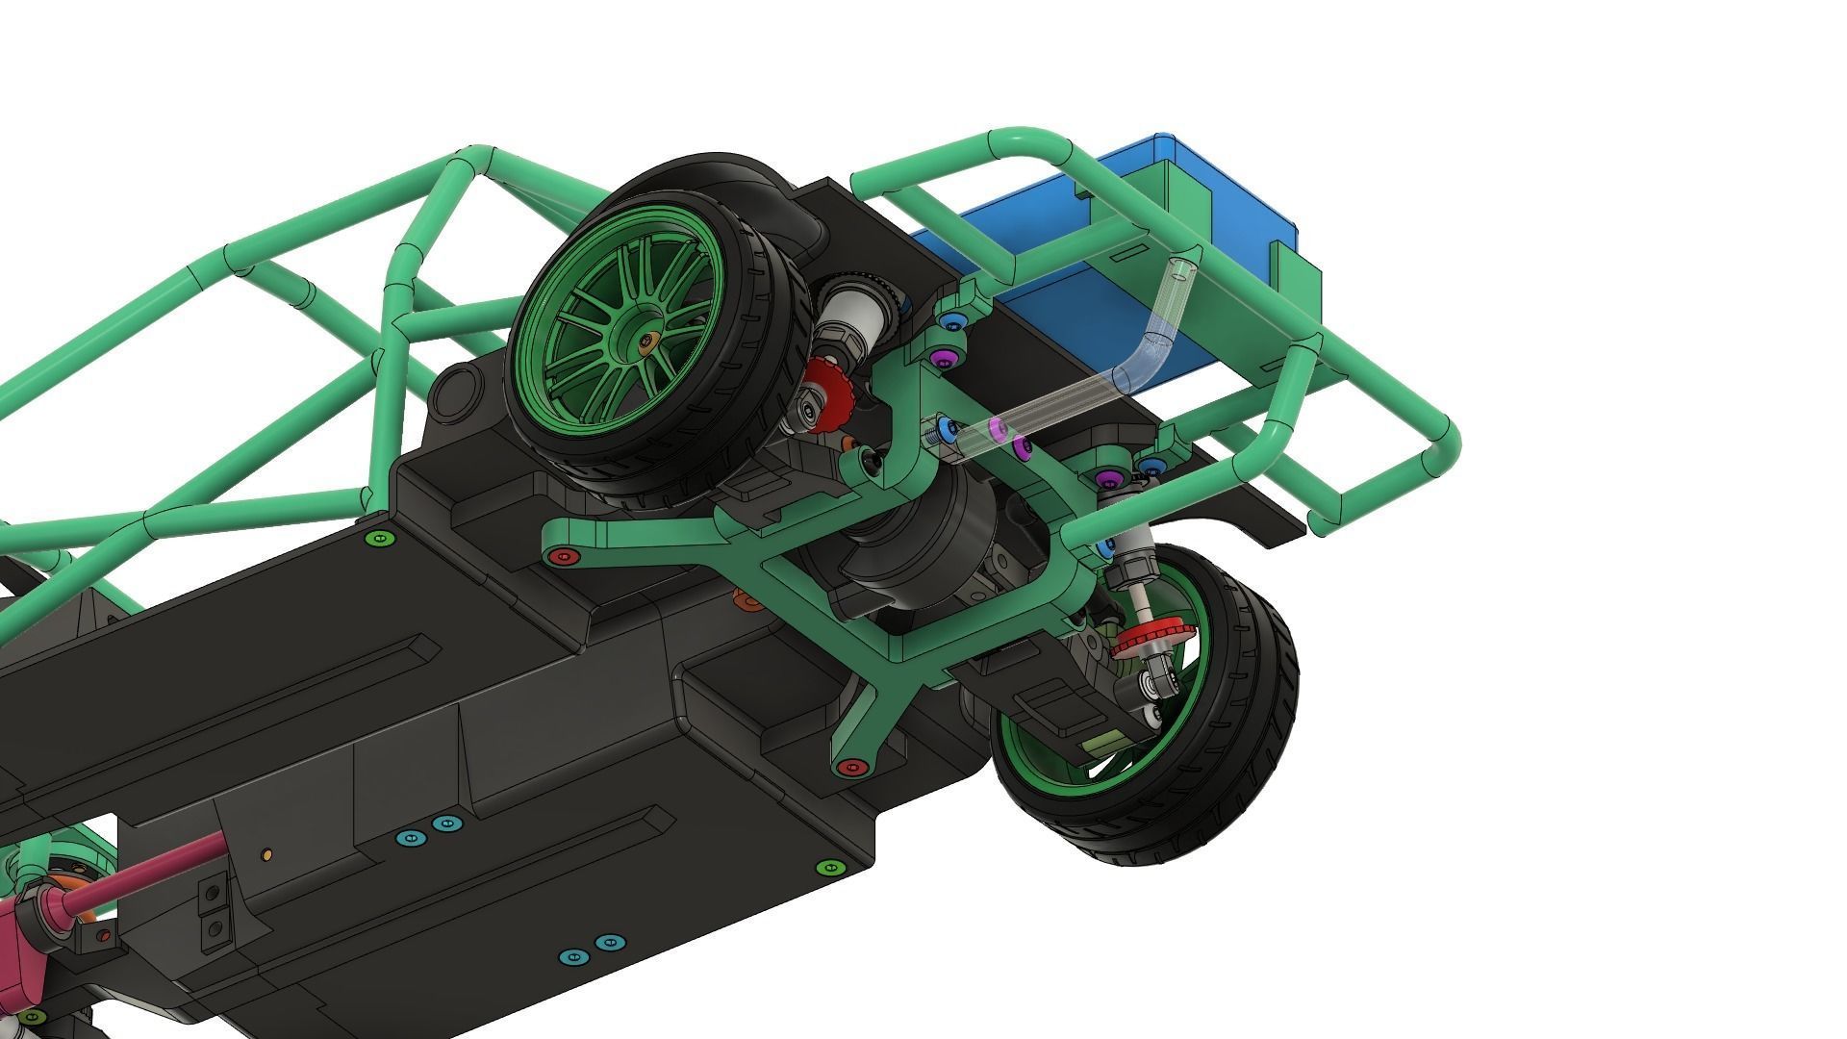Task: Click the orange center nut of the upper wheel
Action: point(646,340)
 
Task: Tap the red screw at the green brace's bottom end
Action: point(848,767)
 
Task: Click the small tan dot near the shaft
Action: point(267,853)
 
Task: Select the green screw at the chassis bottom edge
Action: point(826,868)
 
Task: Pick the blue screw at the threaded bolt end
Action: point(947,430)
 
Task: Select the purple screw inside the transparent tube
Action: point(996,428)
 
